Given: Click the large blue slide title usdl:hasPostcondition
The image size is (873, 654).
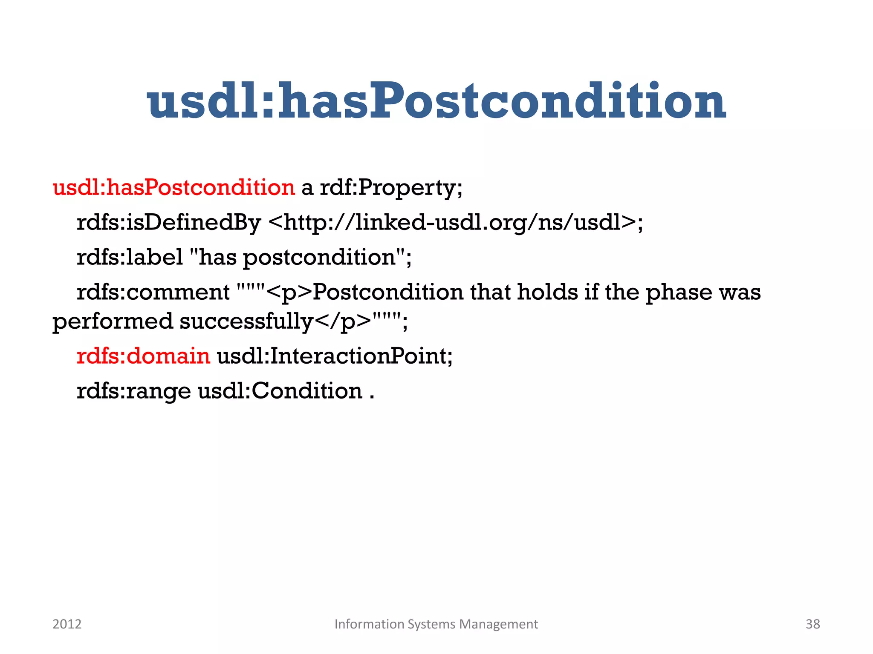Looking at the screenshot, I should click(x=436, y=101).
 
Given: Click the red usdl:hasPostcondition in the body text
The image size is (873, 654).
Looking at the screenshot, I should click(x=173, y=187).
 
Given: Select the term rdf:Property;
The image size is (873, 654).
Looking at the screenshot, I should click(x=391, y=187).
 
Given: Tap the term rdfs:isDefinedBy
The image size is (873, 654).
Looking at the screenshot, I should click(x=168, y=222).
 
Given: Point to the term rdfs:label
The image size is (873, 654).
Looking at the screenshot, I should click(x=130, y=257).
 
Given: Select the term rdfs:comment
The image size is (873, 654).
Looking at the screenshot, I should click(x=153, y=292).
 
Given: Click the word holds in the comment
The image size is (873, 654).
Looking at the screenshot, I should click(x=547, y=292).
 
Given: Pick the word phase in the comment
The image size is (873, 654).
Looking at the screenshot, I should click(x=678, y=292).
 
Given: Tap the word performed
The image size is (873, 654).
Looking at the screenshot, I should click(x=113, y=321).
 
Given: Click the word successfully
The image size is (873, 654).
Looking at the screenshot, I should click(x=246, y=321).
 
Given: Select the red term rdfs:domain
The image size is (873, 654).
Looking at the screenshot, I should click(x=143, y=356).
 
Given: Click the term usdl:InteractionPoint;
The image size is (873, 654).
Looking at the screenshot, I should click(x=335, y=356).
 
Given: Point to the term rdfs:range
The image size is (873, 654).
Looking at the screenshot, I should click(x=134, y=391).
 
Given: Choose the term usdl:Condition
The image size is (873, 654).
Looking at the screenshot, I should click(x=280, y=391).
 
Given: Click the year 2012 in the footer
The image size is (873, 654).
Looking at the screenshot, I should click(x=67, y=624).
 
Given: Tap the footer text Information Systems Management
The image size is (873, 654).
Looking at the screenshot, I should click(x=436, y=624).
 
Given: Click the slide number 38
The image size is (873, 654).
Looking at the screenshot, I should click(x=812, y=624).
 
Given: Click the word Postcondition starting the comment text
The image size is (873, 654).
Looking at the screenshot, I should click(x=388, y=292).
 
